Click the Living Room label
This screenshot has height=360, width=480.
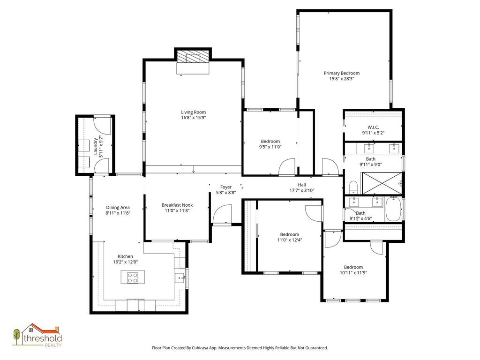pos(193,112)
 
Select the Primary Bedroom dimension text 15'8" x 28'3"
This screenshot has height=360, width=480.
pos(341,79)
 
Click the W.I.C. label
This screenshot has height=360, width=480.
pos(373,127)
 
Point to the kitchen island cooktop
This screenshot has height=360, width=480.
pos(133,277)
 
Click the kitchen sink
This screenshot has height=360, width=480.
pos(180,278)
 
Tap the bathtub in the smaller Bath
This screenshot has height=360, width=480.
pos(393,209)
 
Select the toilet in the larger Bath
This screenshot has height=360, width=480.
pos(353,187)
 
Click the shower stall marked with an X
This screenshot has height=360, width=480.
pos(382,183)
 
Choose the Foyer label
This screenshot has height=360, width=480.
pos(226,187)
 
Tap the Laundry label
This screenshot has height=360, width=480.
pos(96,146)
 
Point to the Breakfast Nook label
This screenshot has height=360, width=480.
pos(177,205)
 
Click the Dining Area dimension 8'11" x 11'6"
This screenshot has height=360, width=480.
pos(118,213)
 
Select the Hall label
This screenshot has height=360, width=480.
pos(302,185)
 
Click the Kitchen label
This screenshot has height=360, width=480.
pos(126,256)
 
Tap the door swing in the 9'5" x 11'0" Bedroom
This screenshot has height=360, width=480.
pos(287,167)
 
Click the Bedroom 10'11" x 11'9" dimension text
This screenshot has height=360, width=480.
pos(353,273)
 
